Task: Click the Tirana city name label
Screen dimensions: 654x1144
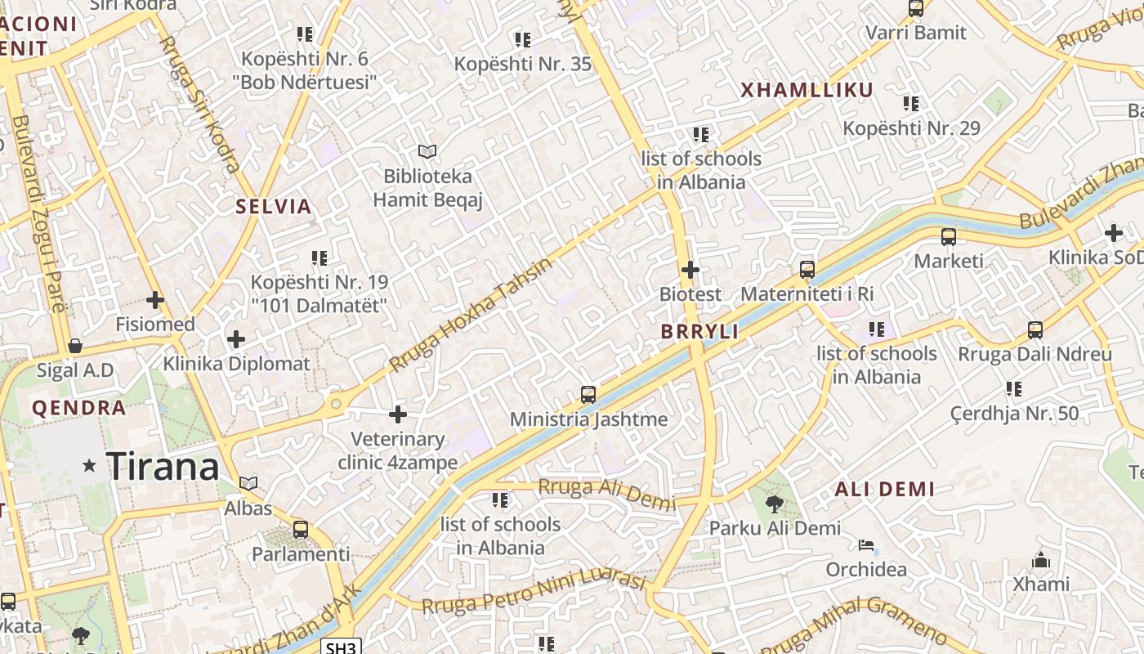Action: point(163,467)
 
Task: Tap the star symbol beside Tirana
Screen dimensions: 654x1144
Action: point(89,466)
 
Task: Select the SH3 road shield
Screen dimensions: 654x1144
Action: point(341,647)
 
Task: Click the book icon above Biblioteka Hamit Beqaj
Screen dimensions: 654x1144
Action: point(427,151)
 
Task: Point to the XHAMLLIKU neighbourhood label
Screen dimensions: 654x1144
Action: point(807,90)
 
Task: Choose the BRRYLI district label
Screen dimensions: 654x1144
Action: point(699,331)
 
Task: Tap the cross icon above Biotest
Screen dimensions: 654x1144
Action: point(690,269)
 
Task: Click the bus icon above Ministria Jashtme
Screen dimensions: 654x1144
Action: point(588,395)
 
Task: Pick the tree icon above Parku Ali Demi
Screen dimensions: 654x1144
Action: point(774,504)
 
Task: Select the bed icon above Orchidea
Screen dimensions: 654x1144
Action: point(866,545)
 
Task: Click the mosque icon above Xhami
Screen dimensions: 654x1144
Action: point(1041,560)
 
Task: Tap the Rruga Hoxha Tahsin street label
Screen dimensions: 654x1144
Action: point(471,315)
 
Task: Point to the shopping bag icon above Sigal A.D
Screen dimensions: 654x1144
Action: point(75,346)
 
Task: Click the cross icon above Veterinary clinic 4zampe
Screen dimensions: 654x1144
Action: point(398,414)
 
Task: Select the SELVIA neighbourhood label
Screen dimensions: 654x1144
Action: point(274,207)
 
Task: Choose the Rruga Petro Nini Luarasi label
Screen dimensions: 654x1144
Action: point(534,593)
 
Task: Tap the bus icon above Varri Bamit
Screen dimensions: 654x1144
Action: point(916,8)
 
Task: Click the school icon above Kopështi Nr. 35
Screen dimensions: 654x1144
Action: point(523,39)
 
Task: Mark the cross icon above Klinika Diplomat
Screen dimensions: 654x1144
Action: point(236,338)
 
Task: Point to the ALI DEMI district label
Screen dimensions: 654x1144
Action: point(884,490)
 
